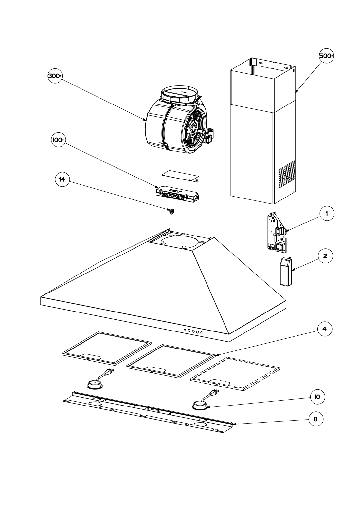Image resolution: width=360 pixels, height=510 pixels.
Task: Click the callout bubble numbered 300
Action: point(55,76)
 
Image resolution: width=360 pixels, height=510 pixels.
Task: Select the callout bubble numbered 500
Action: point(326,56)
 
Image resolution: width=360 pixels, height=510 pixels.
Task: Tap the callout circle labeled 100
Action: point(59,140)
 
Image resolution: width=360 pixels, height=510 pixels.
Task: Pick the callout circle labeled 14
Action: point(62,179)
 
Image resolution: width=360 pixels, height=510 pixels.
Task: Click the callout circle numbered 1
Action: point(327,214)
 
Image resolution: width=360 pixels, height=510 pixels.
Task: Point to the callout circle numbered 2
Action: point(325,256)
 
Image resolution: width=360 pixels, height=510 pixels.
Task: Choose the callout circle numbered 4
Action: point(325,329)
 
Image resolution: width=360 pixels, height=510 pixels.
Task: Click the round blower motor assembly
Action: point(180,121)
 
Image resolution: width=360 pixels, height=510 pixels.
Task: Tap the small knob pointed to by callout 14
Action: point(171,212)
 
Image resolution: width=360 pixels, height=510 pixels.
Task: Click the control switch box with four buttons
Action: point(177,194)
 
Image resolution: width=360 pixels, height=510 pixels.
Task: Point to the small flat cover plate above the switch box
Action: point(181,176)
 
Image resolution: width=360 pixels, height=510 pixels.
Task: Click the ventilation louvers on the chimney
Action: point(287,174)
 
